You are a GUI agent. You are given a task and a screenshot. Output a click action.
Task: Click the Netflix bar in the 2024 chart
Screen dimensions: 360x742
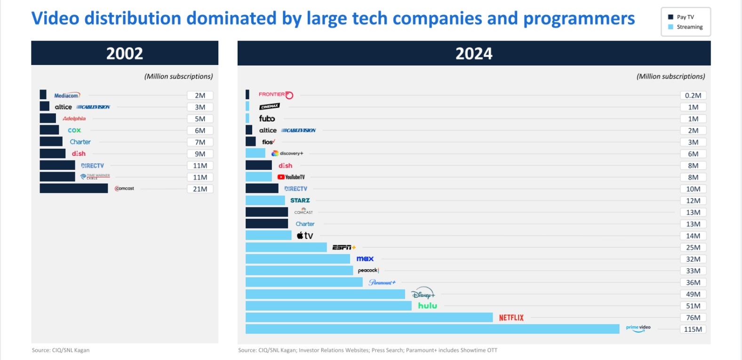coord(369,318)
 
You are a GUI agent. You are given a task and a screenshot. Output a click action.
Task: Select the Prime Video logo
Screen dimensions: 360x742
coord(638,328)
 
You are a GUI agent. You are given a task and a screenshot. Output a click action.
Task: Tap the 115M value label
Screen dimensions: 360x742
coord(693,329)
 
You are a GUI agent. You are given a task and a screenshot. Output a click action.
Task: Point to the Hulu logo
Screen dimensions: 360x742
coord(427,306)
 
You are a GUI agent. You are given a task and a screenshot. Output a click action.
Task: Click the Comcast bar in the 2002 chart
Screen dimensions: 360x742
coord(74,189)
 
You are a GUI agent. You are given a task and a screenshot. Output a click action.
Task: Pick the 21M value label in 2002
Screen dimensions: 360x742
coord(200,189)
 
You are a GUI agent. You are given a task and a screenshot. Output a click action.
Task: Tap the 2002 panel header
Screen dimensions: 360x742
coord(125,53)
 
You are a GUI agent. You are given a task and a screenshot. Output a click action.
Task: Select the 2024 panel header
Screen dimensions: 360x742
coord(474,53)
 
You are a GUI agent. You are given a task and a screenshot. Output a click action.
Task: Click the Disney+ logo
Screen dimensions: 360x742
coord(423,294)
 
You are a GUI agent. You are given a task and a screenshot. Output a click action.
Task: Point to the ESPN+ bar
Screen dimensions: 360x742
coord(286,247)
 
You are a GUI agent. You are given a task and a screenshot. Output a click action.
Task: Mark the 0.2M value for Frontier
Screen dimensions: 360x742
coord(693,96)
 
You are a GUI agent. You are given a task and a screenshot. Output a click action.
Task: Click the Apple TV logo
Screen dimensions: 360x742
coord(305,236)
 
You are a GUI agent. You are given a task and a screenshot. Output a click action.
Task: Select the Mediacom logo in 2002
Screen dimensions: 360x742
coord(67,96)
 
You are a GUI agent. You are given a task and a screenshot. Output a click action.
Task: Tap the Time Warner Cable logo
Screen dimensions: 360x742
coord(95,176)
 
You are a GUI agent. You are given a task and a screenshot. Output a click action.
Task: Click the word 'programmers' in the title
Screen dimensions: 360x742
coord(579,19)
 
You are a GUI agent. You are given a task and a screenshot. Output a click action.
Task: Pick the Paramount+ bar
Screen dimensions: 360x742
coord(304,282)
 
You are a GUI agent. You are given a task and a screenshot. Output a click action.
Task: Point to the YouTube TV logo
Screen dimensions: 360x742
coord(291,177)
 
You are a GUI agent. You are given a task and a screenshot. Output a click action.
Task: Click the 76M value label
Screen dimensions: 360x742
coord(693,318)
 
